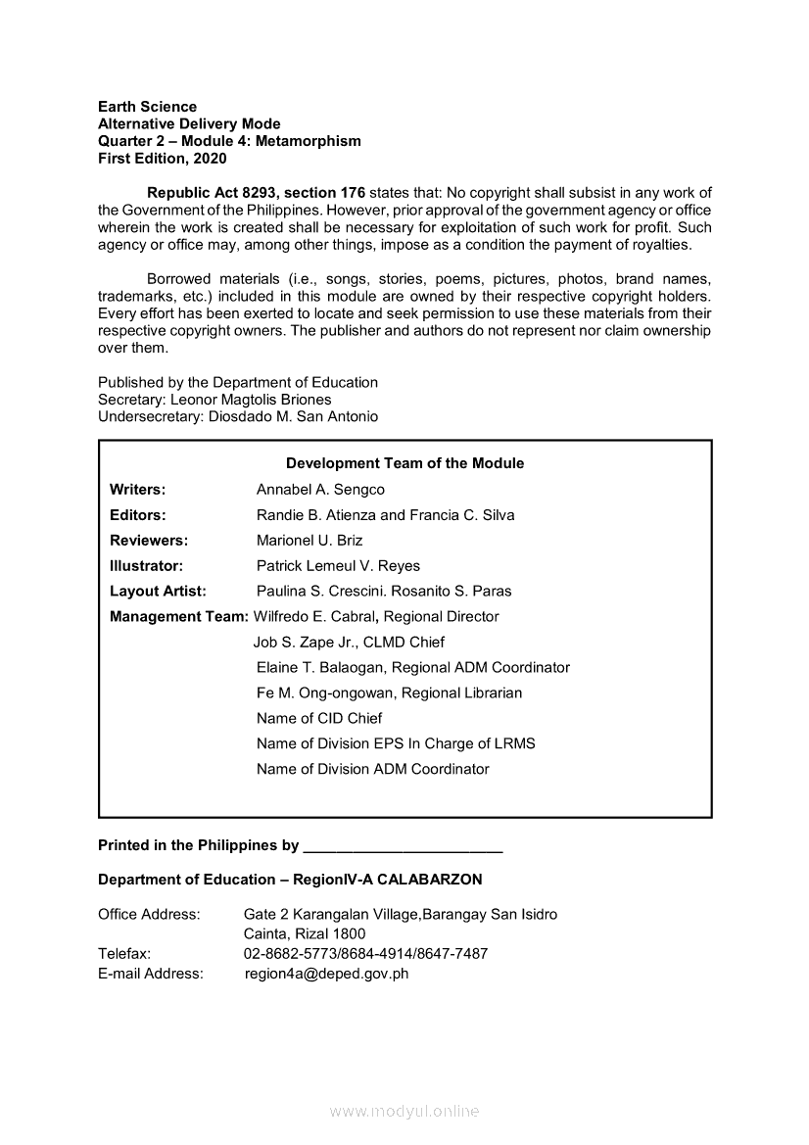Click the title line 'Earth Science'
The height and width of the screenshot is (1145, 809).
[x=147, y=106]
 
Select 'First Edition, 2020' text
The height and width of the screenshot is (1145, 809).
[x=162, y=158]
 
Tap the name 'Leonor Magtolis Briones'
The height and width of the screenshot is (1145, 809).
[x=251, y=400]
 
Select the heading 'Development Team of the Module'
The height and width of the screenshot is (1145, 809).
[x=404, y=463]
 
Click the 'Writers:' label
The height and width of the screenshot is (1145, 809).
[x=137, y=489]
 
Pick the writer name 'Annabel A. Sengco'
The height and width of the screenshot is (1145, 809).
[x=320, y=489]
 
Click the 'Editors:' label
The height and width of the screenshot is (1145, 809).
[x=137, y=514]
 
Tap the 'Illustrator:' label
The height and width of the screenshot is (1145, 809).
[x=146, y=565]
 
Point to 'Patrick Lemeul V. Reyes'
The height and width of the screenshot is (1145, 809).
[x=338, y=565]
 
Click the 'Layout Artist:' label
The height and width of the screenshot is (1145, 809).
[x=158, y=591]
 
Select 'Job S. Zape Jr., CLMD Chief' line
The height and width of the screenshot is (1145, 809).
[x=349, y=642]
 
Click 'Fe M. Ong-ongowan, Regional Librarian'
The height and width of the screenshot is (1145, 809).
[x=389, y=692]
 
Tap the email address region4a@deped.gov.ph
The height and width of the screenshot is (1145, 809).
[x=326, y=974]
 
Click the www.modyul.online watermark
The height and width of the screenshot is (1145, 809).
[x=404, y=1111]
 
